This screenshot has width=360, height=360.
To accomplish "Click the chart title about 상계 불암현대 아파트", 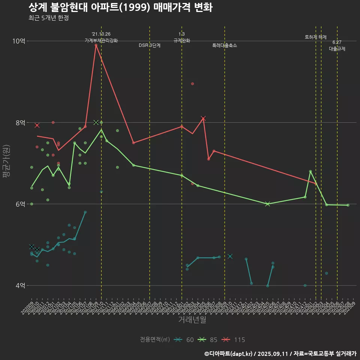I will coord(120,7).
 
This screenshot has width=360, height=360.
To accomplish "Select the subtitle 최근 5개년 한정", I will coord(48,18).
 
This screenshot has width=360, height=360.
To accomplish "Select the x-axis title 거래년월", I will coord(192,320).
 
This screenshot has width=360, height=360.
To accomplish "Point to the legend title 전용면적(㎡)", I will coord(155,340).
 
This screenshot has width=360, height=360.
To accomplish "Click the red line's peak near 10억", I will coord(96,45).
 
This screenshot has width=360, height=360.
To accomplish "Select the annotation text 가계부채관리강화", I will coord(101,40).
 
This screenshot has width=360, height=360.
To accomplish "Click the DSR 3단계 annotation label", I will coord(150,45).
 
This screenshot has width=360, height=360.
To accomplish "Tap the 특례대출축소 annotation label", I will coord(225,45).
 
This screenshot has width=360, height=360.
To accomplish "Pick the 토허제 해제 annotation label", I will coord(316,37).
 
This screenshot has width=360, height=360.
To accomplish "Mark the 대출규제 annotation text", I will coord(337,49).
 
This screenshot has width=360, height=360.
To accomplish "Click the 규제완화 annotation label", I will coord(182,40).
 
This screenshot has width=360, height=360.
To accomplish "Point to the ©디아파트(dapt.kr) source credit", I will coord(229,354).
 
